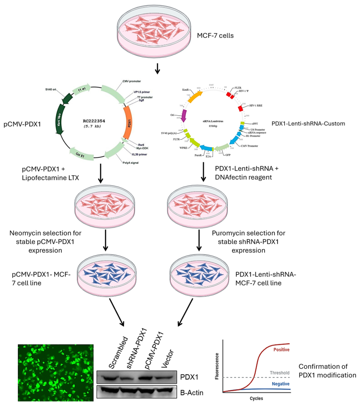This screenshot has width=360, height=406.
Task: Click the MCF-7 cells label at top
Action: (x=215, y=35)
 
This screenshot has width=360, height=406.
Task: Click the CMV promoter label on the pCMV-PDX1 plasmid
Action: (x=132, y=81)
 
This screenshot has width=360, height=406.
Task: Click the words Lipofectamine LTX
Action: (x=51, y=178)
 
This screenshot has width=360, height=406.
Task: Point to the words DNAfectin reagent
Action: (x=243, y=177)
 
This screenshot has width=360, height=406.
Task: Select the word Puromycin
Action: (x=228, y=233)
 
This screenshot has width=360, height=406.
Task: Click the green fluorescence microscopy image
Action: (x=56, y=373)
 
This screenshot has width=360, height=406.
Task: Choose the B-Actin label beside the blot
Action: (x=192, y=393)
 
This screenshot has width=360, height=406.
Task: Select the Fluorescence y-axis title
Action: (x=217, y=366)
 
